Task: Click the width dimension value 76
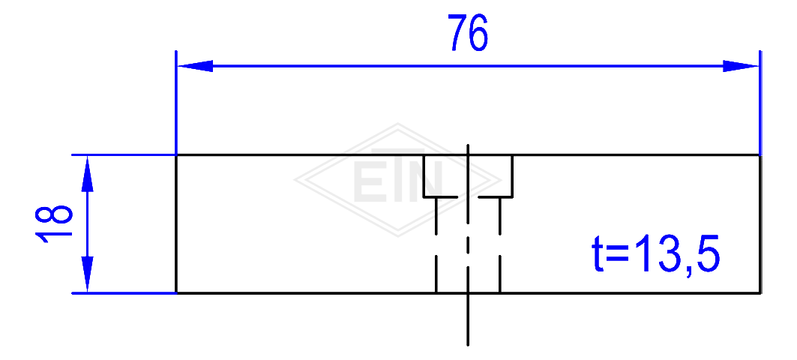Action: [468, 33]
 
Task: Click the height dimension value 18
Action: [54, 223]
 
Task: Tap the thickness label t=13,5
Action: [656, 253]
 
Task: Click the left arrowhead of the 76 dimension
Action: [195, 66]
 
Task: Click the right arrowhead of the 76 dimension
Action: [741, 66]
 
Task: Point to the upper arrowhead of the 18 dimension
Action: [88, 173]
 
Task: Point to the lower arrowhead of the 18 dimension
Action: [88, 274]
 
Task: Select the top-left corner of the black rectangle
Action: [176, 154]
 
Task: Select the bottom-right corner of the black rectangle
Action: [760, 293]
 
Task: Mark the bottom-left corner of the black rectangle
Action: [176, 293]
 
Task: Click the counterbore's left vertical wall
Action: [424, 175]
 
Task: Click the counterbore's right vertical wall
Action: [512, 175]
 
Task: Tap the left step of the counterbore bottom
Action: [441, 196]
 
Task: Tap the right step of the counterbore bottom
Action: [495, 196]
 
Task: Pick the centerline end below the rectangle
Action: [468, 345]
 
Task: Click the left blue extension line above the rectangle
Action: [176, 102]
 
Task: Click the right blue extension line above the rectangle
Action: [760, 102]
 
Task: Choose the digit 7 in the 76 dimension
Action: [457, 34]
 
